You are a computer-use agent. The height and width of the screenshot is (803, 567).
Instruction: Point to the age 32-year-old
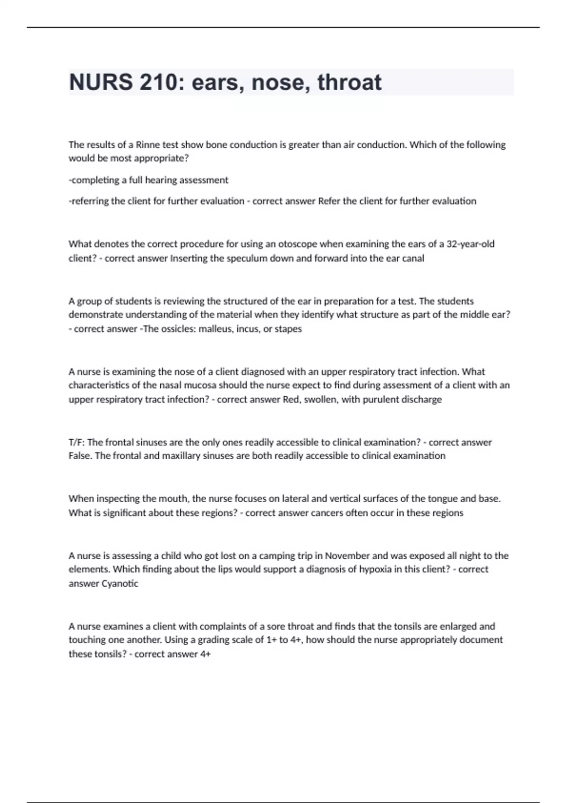471,244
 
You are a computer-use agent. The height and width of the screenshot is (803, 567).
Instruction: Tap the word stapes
288,329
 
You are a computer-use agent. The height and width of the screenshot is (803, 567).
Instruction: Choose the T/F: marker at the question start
77,442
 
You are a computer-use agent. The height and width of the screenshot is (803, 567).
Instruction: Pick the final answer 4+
206,654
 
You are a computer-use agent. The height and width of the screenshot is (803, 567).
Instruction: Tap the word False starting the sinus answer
79,456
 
